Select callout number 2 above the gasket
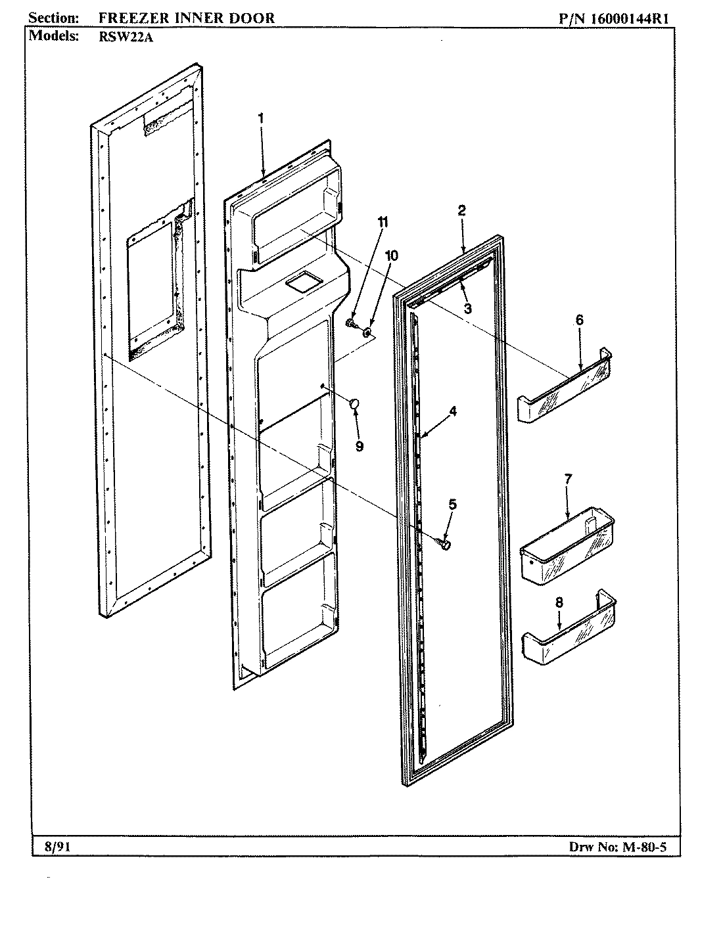(461, 210)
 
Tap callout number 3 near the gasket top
(467, 308)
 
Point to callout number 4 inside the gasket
(453, 411)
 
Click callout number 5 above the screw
(452, 505)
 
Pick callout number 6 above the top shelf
(579, 320)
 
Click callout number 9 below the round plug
(360, 446)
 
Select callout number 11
(383, 222)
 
